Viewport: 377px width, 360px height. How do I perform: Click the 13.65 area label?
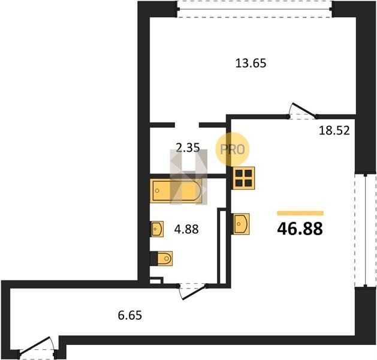tap(251, 63)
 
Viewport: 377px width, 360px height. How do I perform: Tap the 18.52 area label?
tap(334, 131)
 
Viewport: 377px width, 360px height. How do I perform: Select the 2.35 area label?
tap(188, 148)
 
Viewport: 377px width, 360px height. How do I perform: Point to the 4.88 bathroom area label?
tap(186, 229)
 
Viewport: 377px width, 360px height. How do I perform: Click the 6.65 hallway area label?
tap(130, 315)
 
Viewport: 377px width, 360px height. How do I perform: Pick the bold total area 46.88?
tap(300, 229)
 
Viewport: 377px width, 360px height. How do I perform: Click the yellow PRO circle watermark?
tap(233, 149)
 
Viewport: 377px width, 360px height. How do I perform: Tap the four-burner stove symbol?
tap(243, 178)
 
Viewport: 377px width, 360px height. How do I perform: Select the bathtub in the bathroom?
tap(176, 191)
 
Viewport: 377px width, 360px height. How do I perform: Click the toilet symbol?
tap(161, 259)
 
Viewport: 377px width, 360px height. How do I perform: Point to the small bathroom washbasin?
tap(157, 229)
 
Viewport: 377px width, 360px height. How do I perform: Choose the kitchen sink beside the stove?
tap(240, 224)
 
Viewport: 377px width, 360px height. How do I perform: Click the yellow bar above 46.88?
tap(300, 213)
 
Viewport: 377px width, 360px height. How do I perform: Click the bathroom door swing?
tap(192, 292)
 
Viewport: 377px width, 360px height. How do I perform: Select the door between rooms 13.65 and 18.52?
tap(303, 111)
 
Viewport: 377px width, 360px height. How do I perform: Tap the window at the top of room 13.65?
tap(255, 9)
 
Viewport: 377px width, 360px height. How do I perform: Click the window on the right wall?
tap(366, 230)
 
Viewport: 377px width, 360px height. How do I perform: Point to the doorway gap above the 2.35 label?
tap(187, 125)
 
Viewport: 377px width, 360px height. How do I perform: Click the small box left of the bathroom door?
tap(156, 280)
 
